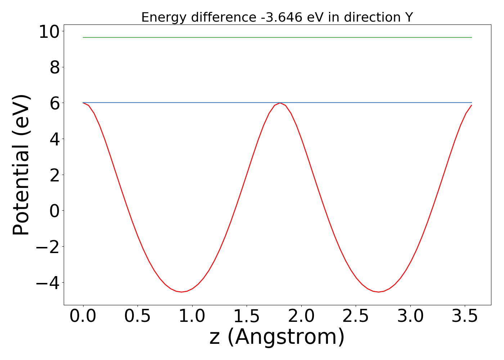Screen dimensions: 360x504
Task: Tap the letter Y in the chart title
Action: pyautogui.click(x=409, y=17)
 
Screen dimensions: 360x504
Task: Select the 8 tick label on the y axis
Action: pyautogui.click(x=54, y=67)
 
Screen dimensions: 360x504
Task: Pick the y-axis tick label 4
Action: pyautogui.click(x=54, y=139)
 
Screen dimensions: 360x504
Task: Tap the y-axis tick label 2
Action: pyautogui.click(x=54, y=175)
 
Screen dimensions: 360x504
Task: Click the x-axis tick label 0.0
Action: pyautogui.click(x=83, y=316)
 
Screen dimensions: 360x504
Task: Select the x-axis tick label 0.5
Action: pyautogui.click(x=138, y=316)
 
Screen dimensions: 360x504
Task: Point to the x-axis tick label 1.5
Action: pyautogui.click(x=247, y=316)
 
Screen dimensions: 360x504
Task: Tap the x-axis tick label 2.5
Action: pyautogui.click(x=356, y=316)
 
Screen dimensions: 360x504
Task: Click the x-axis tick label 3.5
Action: pyautogui.click(x=464, y=316)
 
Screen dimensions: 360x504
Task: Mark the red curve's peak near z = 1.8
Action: pyautogui.click(x=280, y=103)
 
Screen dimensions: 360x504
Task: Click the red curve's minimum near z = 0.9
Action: pyautogui.click(x=181, y=292)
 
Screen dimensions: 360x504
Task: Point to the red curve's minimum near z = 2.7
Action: pyautogui.click(x=378, y=292)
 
